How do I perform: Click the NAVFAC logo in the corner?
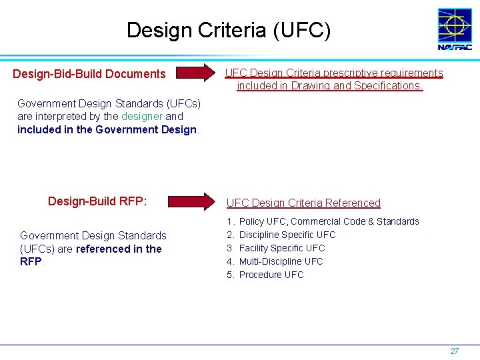coord(454,29)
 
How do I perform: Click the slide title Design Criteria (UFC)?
coord(228,30)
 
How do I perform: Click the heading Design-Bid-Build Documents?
coord(89,74)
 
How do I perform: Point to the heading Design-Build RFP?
coord(97,201)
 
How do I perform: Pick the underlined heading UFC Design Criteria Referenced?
coord(303,203)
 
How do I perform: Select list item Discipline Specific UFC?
coord(287,235)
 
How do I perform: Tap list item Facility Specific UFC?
coord(282,248)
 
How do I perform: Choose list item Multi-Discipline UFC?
coord(281,261)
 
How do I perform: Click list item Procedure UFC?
coord(271,275)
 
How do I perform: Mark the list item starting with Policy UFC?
coord(329,221)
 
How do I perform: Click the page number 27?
coord(454,351)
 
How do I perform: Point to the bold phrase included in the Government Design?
coord(107,129)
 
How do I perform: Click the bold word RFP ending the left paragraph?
coord(31,262)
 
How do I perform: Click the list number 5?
coord(230,275)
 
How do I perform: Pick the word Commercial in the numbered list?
coord(315,221)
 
